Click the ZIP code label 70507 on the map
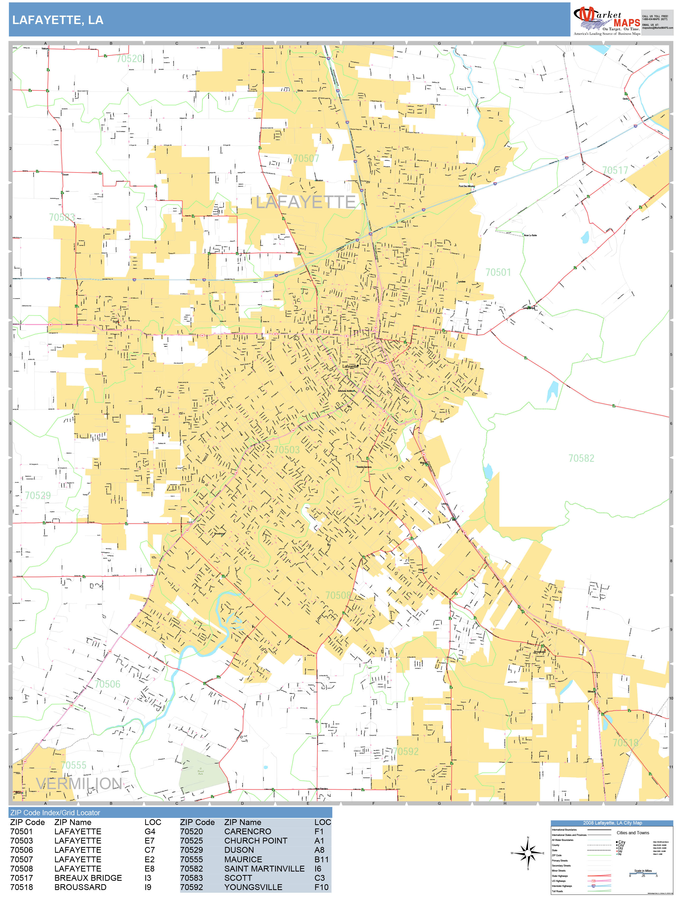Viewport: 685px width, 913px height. [306, 159]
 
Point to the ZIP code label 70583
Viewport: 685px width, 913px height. [62, 217]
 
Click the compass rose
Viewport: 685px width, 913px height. [528, 853]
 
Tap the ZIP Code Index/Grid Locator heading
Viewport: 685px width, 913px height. [55, 813]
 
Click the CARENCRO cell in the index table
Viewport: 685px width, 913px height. [248, 832]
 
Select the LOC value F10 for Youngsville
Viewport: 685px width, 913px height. [321, 887]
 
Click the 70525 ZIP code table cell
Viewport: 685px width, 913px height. [191, 841]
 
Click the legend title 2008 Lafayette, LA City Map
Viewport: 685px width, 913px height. [612, 823]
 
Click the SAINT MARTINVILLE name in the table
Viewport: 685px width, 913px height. [264, 868]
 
